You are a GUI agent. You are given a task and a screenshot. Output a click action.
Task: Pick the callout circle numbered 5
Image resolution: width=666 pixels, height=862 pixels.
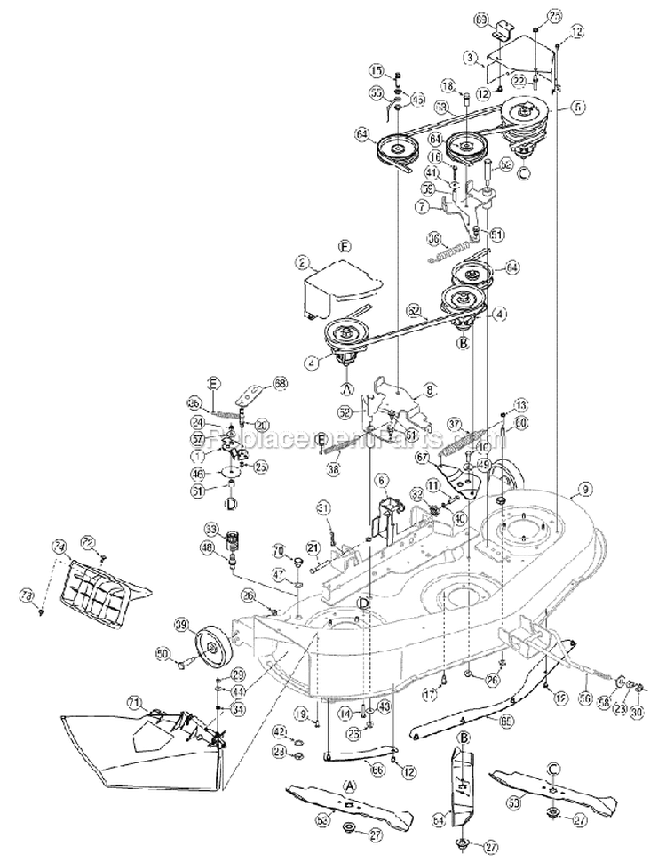(x=578, y=107)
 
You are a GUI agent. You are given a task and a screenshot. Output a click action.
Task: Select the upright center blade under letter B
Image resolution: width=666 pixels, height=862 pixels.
(x=464, y=782)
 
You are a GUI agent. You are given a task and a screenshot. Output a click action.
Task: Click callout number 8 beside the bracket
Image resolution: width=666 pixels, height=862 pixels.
(x=430, y=387)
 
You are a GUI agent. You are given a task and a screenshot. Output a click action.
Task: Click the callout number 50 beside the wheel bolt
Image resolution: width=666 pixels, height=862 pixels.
(x=163, y=653)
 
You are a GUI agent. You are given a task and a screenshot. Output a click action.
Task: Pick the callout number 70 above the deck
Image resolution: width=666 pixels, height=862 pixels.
(x=277, y=548)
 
